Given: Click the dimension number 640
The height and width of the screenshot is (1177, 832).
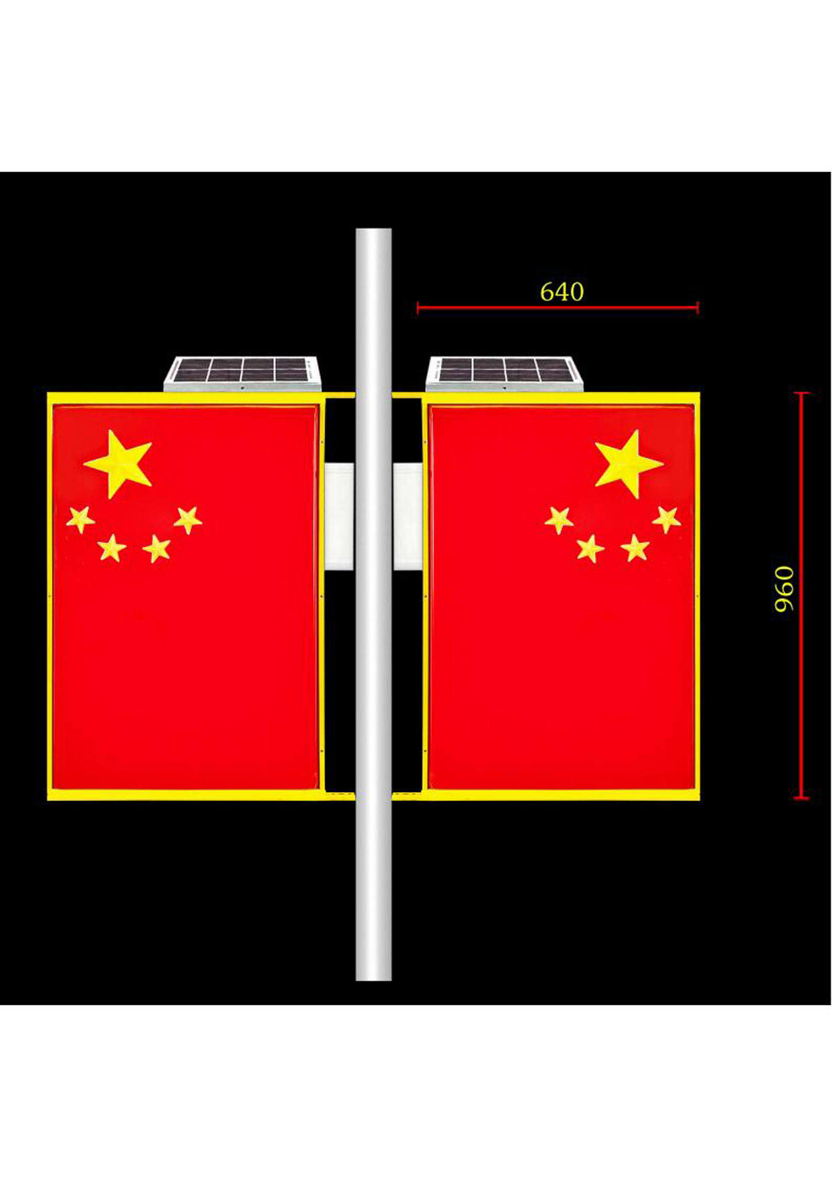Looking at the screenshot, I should [562, 292].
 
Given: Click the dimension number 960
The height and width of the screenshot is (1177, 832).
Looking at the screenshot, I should [784, 589].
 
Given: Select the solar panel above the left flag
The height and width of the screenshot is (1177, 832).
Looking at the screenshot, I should [243, 373].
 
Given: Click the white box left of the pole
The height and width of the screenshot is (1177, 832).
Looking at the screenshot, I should [339, 517].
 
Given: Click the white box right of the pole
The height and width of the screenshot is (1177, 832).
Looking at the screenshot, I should [408, 517].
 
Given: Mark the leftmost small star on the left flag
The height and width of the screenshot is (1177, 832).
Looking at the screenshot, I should [80, 519].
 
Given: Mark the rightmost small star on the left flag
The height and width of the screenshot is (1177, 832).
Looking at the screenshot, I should [188, 520].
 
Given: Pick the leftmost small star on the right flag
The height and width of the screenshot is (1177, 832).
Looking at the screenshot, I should [559, 519].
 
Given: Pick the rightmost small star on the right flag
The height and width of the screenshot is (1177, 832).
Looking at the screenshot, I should [666, 519].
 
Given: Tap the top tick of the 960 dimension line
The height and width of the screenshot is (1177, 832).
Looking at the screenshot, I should [801, 393].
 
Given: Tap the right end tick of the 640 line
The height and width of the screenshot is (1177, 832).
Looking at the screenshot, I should [697, 307].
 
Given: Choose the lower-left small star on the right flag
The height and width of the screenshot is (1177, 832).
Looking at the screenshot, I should [591, 548].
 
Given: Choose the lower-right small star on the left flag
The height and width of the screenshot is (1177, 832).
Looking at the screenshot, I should [157, 549].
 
